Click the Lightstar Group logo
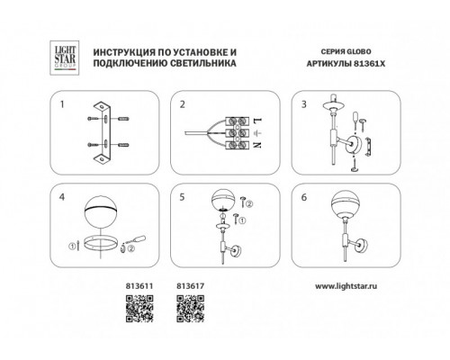(x=64, y=58)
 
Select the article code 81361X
(x=370, y=64)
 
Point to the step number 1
(x=62, y=104)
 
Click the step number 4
(x=62, y=197)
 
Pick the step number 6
(x=304, y=197)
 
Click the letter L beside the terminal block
(x=257, y=121)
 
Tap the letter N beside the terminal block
(x=257, y=145)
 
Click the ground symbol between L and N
(x=257, y=133)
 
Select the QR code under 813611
(x=139, y=309)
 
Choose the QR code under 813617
(x=191, y=309)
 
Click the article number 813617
(x=191, y=286)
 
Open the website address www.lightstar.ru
(x=346, y=286)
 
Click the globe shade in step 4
(x=100, y=213)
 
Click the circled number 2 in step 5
(x=249, y=204)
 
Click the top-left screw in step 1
(x=93, y=119)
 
